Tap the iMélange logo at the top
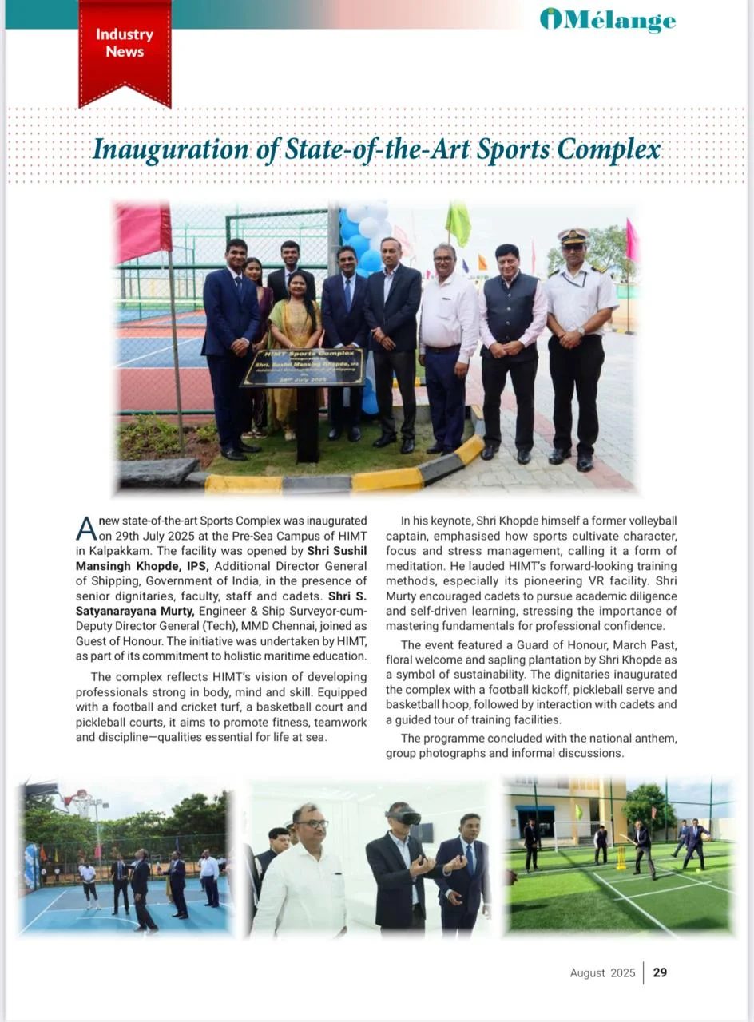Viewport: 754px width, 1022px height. pyautogui.click(x=608, y=20)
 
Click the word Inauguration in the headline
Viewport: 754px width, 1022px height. pyautogui.click(x=169, y=149)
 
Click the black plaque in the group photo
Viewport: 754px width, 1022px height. pyautogui.click(x=303, y=366)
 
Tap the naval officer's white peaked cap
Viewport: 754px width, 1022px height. pyautogui.click(x=573, y=236)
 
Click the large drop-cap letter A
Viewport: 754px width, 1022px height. pyautogui.click(x=85, y=528)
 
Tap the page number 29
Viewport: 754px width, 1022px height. pyautogui.click(x=660, y=972)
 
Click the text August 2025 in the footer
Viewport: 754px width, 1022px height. pyautogui.click(x=602, y=972)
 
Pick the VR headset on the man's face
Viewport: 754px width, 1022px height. pyautogui.click(x=403, y=817)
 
